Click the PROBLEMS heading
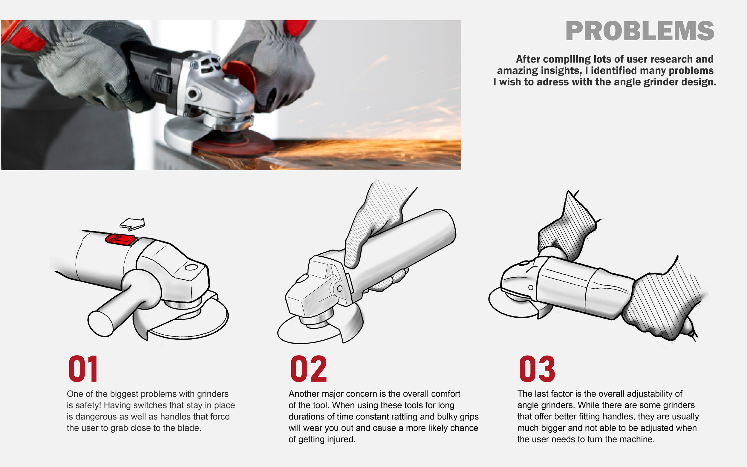639,31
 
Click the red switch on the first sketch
120,239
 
